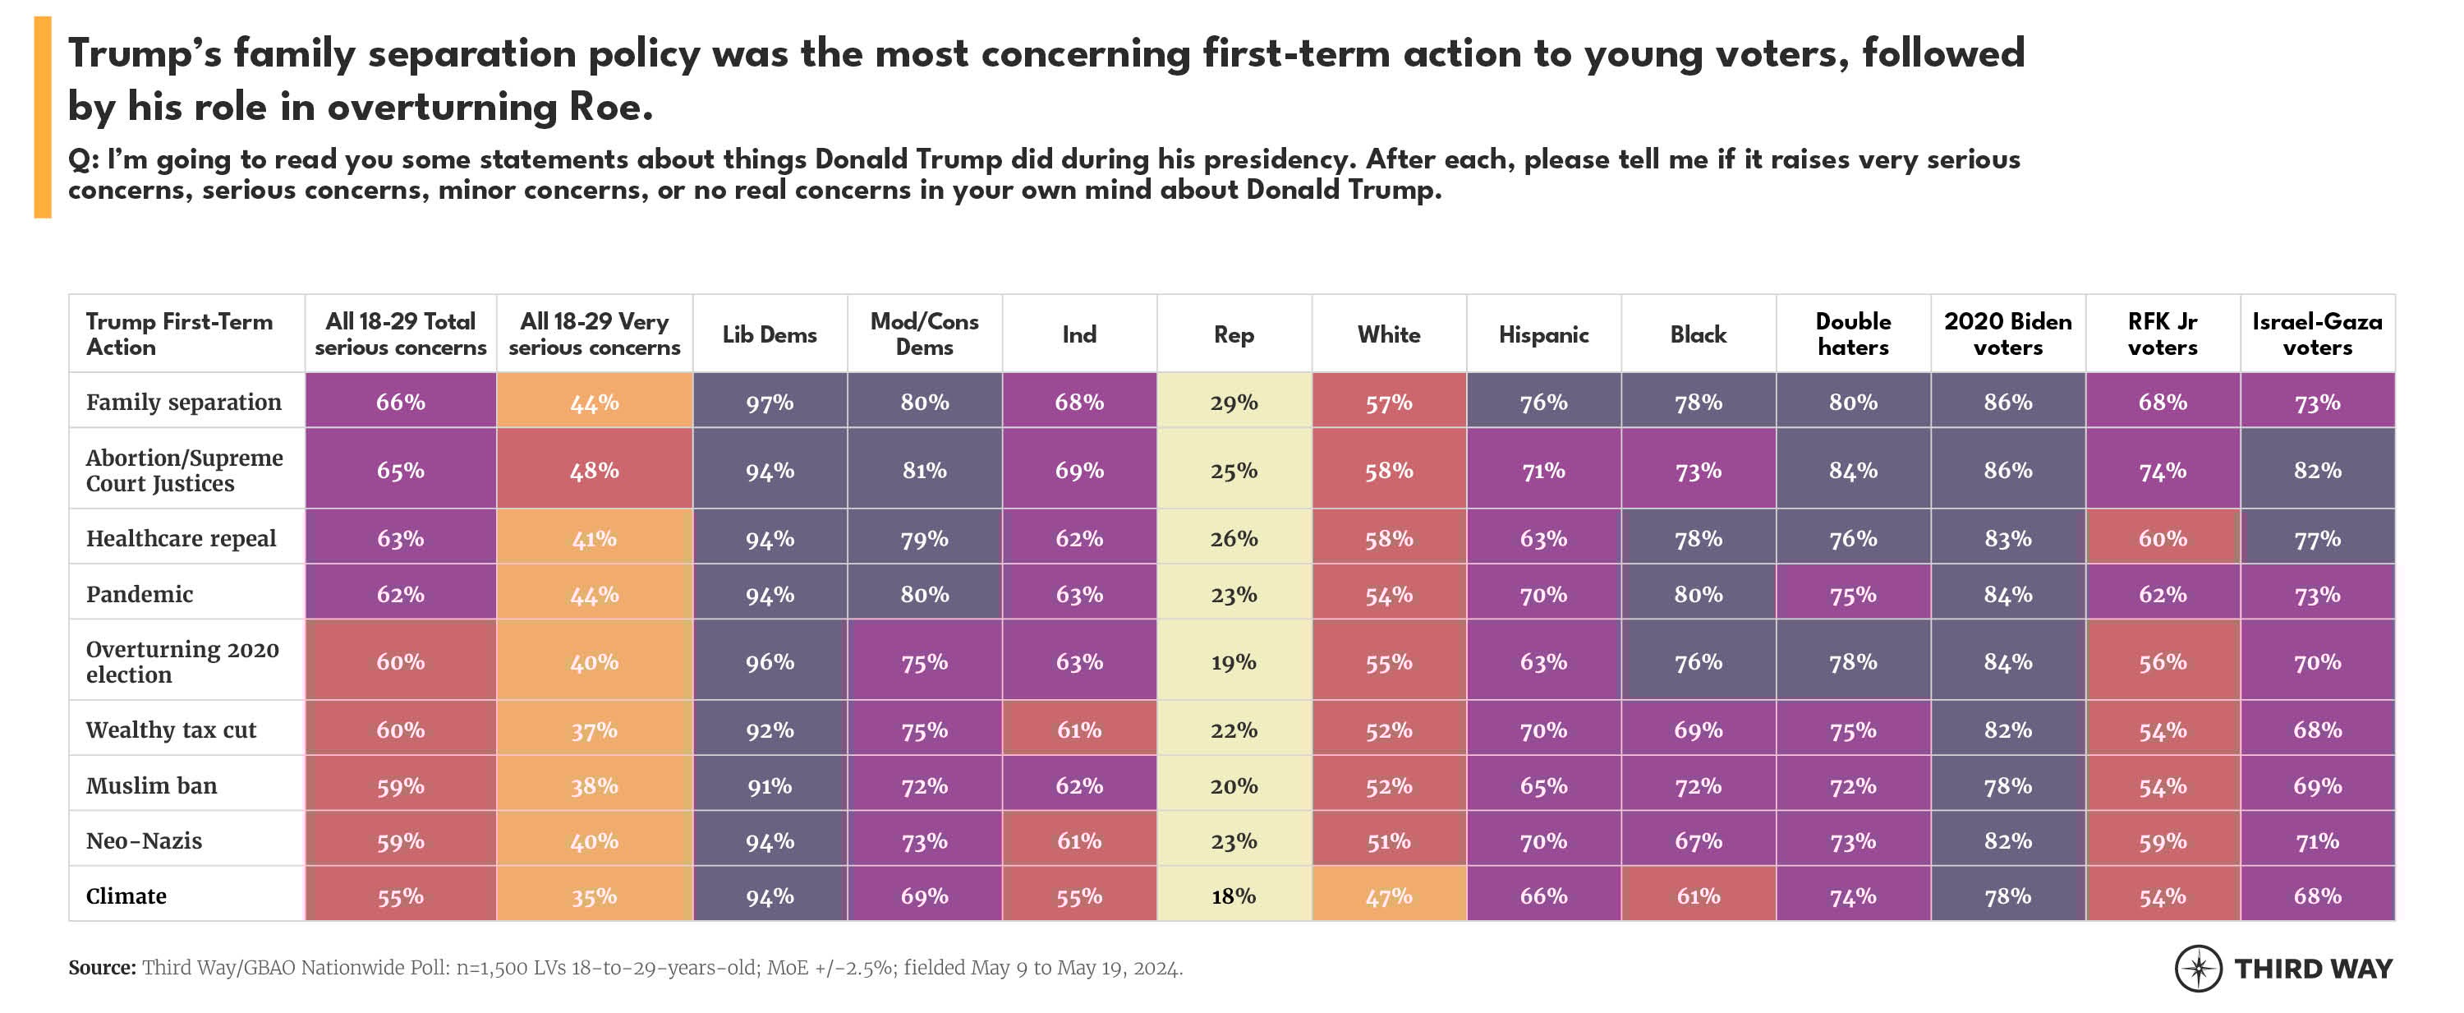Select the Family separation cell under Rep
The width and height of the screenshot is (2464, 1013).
point(1233,402)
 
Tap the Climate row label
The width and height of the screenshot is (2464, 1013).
point(126,896)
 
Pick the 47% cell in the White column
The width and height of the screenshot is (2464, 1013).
point(1388,896)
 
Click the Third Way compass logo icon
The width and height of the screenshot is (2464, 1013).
point(2198,968)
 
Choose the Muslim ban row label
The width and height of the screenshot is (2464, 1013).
point(151,785)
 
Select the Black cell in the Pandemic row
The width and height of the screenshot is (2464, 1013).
point(1698,594)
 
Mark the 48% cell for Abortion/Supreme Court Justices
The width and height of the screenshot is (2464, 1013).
point(594,471)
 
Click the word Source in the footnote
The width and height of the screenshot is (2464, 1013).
point(101,968)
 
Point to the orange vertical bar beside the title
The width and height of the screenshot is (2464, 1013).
point(42,117)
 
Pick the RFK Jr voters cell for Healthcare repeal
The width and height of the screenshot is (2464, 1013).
point(2162,539)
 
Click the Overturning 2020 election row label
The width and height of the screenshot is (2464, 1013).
point(182,662)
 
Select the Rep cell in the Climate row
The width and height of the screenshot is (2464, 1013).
point(1233,896)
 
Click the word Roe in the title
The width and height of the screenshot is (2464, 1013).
point(605,107)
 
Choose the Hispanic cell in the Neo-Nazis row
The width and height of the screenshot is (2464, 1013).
point(1542,840)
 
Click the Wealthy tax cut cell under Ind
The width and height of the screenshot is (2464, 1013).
point(1079,730)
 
